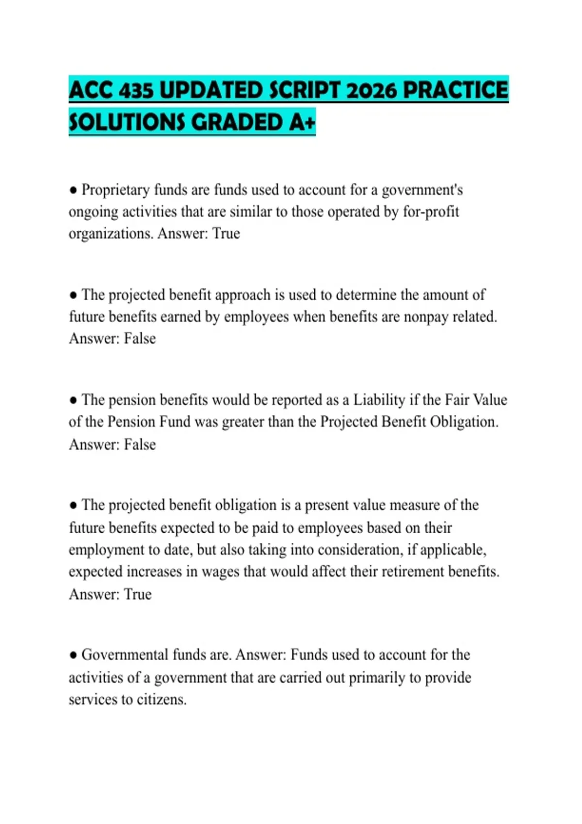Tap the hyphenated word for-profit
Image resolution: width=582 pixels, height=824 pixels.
pos(431,212)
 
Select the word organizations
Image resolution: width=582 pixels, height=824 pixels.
pos(111,234)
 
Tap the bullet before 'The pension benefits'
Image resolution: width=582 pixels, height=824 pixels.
pos(73,400)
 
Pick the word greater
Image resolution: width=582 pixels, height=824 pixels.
pos(242,422)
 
